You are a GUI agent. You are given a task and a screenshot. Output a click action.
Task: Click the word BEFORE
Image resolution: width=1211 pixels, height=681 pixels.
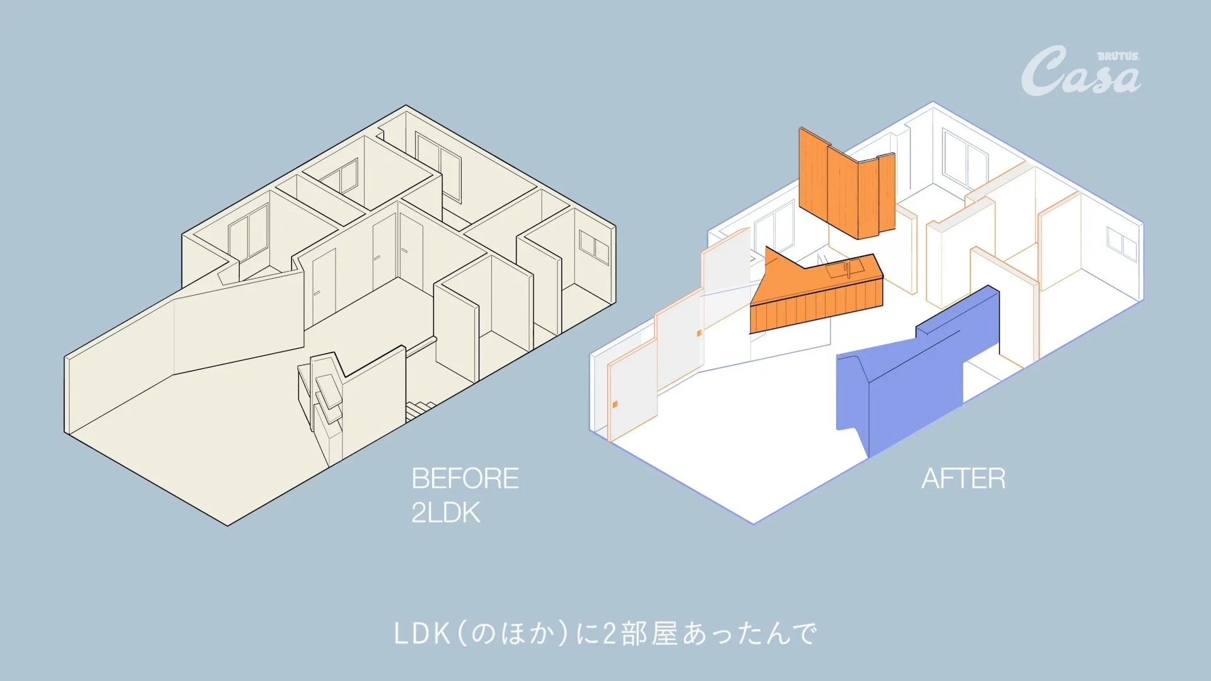tap(465, 479)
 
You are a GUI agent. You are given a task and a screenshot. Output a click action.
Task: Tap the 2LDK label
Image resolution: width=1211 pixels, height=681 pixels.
tap(446, 513)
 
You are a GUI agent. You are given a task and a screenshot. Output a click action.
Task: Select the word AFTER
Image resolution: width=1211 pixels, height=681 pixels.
tap(963, 479)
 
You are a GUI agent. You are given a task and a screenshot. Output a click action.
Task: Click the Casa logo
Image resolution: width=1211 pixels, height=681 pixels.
tap(1080, 71)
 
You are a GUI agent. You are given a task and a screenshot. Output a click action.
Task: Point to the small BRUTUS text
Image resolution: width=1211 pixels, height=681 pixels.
tap(1118, 56)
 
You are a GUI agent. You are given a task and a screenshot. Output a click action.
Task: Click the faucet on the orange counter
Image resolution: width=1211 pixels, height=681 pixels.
tap(848, 269)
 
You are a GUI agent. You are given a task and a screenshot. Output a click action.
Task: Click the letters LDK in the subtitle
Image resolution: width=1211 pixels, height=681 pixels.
tap(422, 634)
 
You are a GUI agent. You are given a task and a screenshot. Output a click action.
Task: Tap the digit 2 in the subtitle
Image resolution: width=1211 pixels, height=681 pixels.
tap(609, 634)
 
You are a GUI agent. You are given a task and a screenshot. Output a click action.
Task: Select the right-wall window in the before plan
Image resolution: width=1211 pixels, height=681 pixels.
tap(594, 247)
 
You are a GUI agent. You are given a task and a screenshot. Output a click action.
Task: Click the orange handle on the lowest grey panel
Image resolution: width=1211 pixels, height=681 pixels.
tap(615, 404)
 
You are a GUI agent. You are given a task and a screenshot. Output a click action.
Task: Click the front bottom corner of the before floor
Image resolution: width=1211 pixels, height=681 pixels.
tap(228, 525)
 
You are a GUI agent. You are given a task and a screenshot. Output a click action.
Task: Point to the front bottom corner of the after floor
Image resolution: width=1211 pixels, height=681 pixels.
tap(754, 523)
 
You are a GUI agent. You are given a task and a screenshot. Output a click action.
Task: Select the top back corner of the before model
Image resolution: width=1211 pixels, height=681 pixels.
tap(406, 105)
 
